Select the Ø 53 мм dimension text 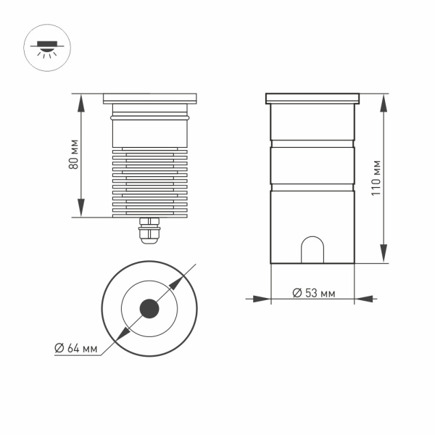pos(313,293)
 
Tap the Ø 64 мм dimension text pos(76,348)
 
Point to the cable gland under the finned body pos(150,230)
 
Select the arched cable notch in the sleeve pos(312,250)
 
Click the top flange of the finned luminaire pos(150,97)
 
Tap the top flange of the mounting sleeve pos(312,97)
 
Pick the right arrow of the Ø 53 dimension pos(361,297)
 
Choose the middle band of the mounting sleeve pos(312,165)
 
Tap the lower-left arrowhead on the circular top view pos(121,336)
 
